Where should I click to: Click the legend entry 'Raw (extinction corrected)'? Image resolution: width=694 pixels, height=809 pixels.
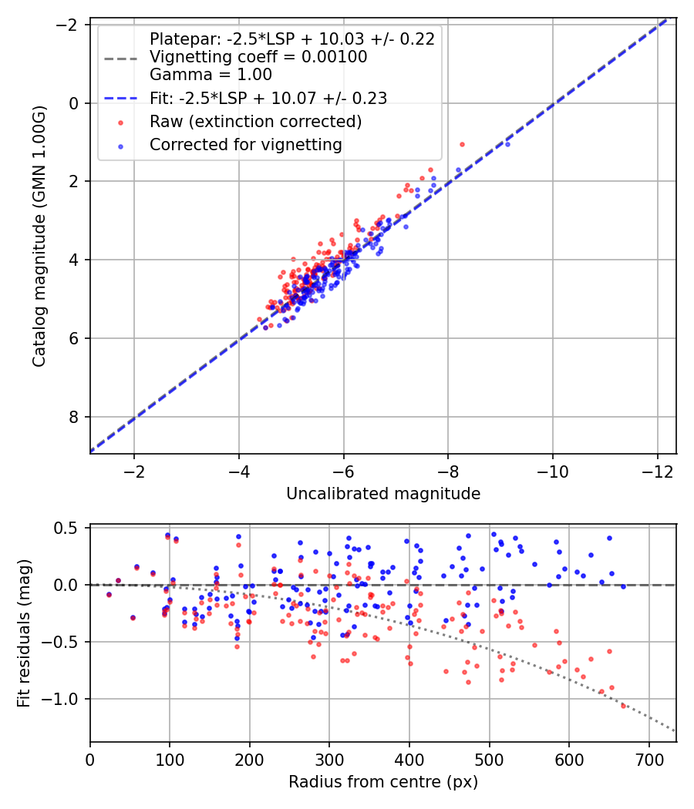[255, 121]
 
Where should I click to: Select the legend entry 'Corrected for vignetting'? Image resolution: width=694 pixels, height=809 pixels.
[246, 144]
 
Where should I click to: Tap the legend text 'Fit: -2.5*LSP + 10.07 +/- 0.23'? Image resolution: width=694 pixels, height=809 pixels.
[268, 98]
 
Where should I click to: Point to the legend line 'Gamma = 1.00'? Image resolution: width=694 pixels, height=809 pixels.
[211, 75]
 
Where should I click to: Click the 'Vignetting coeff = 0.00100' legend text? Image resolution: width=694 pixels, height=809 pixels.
[258, 57]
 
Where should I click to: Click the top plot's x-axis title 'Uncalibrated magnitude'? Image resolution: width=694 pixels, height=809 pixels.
[383, 494]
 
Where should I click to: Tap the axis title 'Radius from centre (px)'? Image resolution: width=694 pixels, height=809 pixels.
[383, 782]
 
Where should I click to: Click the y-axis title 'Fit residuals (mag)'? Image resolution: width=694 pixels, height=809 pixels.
[24, 633]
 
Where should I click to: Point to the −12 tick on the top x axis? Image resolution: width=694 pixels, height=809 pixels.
[658, 471]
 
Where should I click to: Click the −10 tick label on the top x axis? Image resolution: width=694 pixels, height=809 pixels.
[553, 471]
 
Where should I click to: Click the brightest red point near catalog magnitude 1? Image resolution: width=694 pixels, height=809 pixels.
[462, 144]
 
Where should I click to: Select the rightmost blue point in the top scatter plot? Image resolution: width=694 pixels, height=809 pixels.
[507, 144]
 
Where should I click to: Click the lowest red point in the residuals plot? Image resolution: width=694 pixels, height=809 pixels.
[623, 705]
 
